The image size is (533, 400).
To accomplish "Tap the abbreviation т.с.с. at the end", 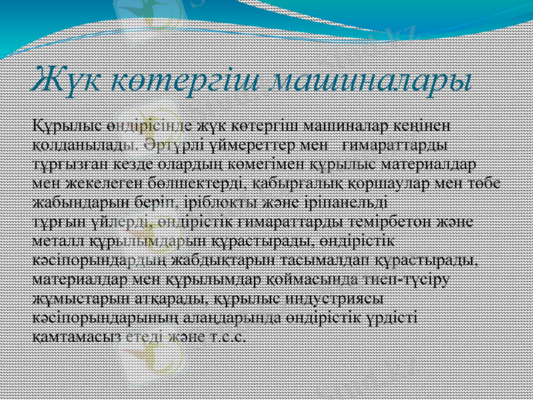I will point(227,335).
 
